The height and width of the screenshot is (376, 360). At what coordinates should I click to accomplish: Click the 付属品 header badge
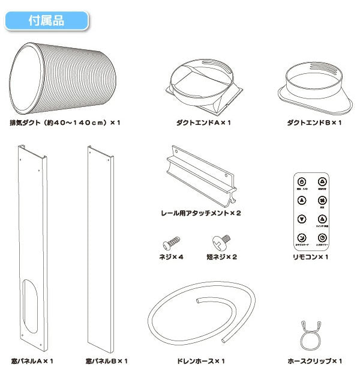(x=47, y=19)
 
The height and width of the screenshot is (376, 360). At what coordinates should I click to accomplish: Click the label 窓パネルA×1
(x=32, y=361)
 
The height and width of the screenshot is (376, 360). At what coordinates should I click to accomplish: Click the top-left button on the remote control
(x=302, y=181)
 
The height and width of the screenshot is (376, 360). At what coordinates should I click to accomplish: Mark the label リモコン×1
(x=314, y=257)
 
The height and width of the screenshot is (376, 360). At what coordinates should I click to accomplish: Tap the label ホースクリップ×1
(x=314, y=361)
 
